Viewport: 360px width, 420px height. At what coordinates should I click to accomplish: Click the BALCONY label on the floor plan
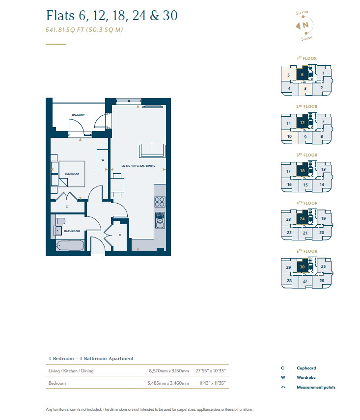[x=78, y=115]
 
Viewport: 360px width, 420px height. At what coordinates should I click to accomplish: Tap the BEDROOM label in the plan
[x=72, y=174]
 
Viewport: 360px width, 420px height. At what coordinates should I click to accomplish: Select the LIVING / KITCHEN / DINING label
[x=138, y=166]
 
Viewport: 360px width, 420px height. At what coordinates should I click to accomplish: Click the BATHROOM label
[x=72, y=231]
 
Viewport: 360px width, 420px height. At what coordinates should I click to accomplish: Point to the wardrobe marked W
[x=103, y=159]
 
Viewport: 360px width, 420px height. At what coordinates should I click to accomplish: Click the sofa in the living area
[x=152, y=151]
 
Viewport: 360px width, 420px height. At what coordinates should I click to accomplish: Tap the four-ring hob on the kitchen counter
[x=160, y=202]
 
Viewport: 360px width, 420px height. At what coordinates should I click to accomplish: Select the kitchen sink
[x=160, y=220]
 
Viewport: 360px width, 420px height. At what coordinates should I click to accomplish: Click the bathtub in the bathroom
[x=70, y=245]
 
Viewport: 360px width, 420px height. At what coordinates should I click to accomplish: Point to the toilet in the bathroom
[x=60, y=221]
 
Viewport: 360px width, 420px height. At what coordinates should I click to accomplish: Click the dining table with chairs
[x=117, y=185]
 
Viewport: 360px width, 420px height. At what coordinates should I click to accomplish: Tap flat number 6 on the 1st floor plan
[x=302, y=75]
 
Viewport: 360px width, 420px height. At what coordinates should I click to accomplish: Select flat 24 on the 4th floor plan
[x=302, y=219]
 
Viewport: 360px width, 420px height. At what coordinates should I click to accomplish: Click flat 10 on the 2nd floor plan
[x=289, y=136]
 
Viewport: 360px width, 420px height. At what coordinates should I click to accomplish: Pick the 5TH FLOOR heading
[x=306, y=251]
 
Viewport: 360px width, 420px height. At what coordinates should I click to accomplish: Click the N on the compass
[x=305, y=25]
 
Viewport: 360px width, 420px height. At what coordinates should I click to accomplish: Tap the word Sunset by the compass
[x=306, y=39]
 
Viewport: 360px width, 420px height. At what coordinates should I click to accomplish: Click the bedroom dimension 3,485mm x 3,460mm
[x=168, y=383]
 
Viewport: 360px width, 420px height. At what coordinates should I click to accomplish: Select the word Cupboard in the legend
[x=306, y=368]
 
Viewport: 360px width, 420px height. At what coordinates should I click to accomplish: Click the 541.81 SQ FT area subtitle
[x=84, y=30]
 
